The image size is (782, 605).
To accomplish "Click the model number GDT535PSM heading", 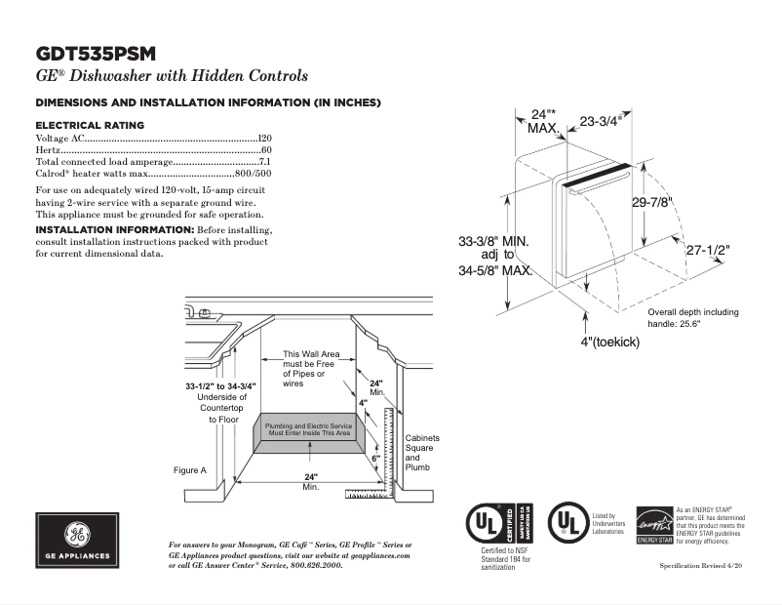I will (96, 54).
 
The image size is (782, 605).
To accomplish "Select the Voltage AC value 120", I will (264, 140).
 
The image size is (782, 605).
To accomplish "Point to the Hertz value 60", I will (266, 150).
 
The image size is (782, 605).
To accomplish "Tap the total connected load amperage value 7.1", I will (264, 162).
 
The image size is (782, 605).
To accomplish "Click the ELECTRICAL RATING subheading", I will (90, 125).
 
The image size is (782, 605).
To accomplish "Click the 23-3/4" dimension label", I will (601, 121).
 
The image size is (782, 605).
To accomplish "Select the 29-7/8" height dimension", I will (652, 202).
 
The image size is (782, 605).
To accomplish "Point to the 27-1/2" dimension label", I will (707, 250).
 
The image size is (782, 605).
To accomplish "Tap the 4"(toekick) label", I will (609, 343).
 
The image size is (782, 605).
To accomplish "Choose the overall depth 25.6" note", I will (693, 318).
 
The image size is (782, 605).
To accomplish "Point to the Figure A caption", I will (190, 470).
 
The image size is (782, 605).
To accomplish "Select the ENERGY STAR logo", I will (653, 525).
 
